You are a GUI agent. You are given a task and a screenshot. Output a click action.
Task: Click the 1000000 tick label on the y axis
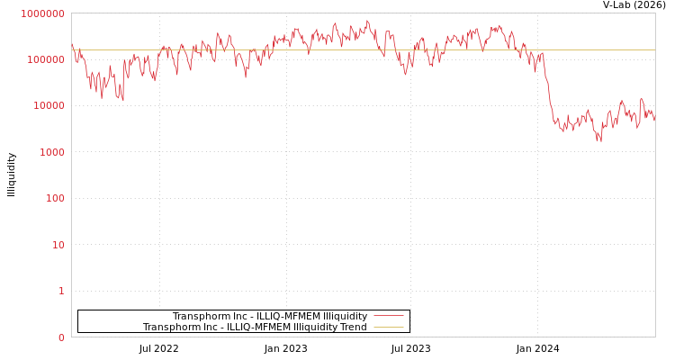(43, 13)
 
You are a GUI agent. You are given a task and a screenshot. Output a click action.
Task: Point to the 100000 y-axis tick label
(46, 59)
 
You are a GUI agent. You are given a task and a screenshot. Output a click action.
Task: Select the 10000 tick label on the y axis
(49, 106)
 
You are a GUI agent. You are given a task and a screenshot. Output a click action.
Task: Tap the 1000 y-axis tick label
(51, 152)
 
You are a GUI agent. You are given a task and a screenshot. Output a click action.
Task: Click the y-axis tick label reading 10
(58, 245)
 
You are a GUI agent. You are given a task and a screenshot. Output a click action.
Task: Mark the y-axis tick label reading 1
(61, 291)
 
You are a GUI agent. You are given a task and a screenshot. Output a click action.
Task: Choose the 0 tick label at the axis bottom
(61, 337)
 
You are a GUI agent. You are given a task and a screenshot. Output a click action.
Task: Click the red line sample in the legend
(388, 316)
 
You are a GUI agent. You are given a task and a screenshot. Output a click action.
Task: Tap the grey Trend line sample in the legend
(388, 327)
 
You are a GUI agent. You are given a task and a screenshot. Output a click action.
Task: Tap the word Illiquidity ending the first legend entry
(346, 317)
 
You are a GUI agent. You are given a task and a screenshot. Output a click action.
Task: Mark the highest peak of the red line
(367, 21)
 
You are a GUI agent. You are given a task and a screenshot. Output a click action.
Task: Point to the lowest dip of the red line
(599, 140)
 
